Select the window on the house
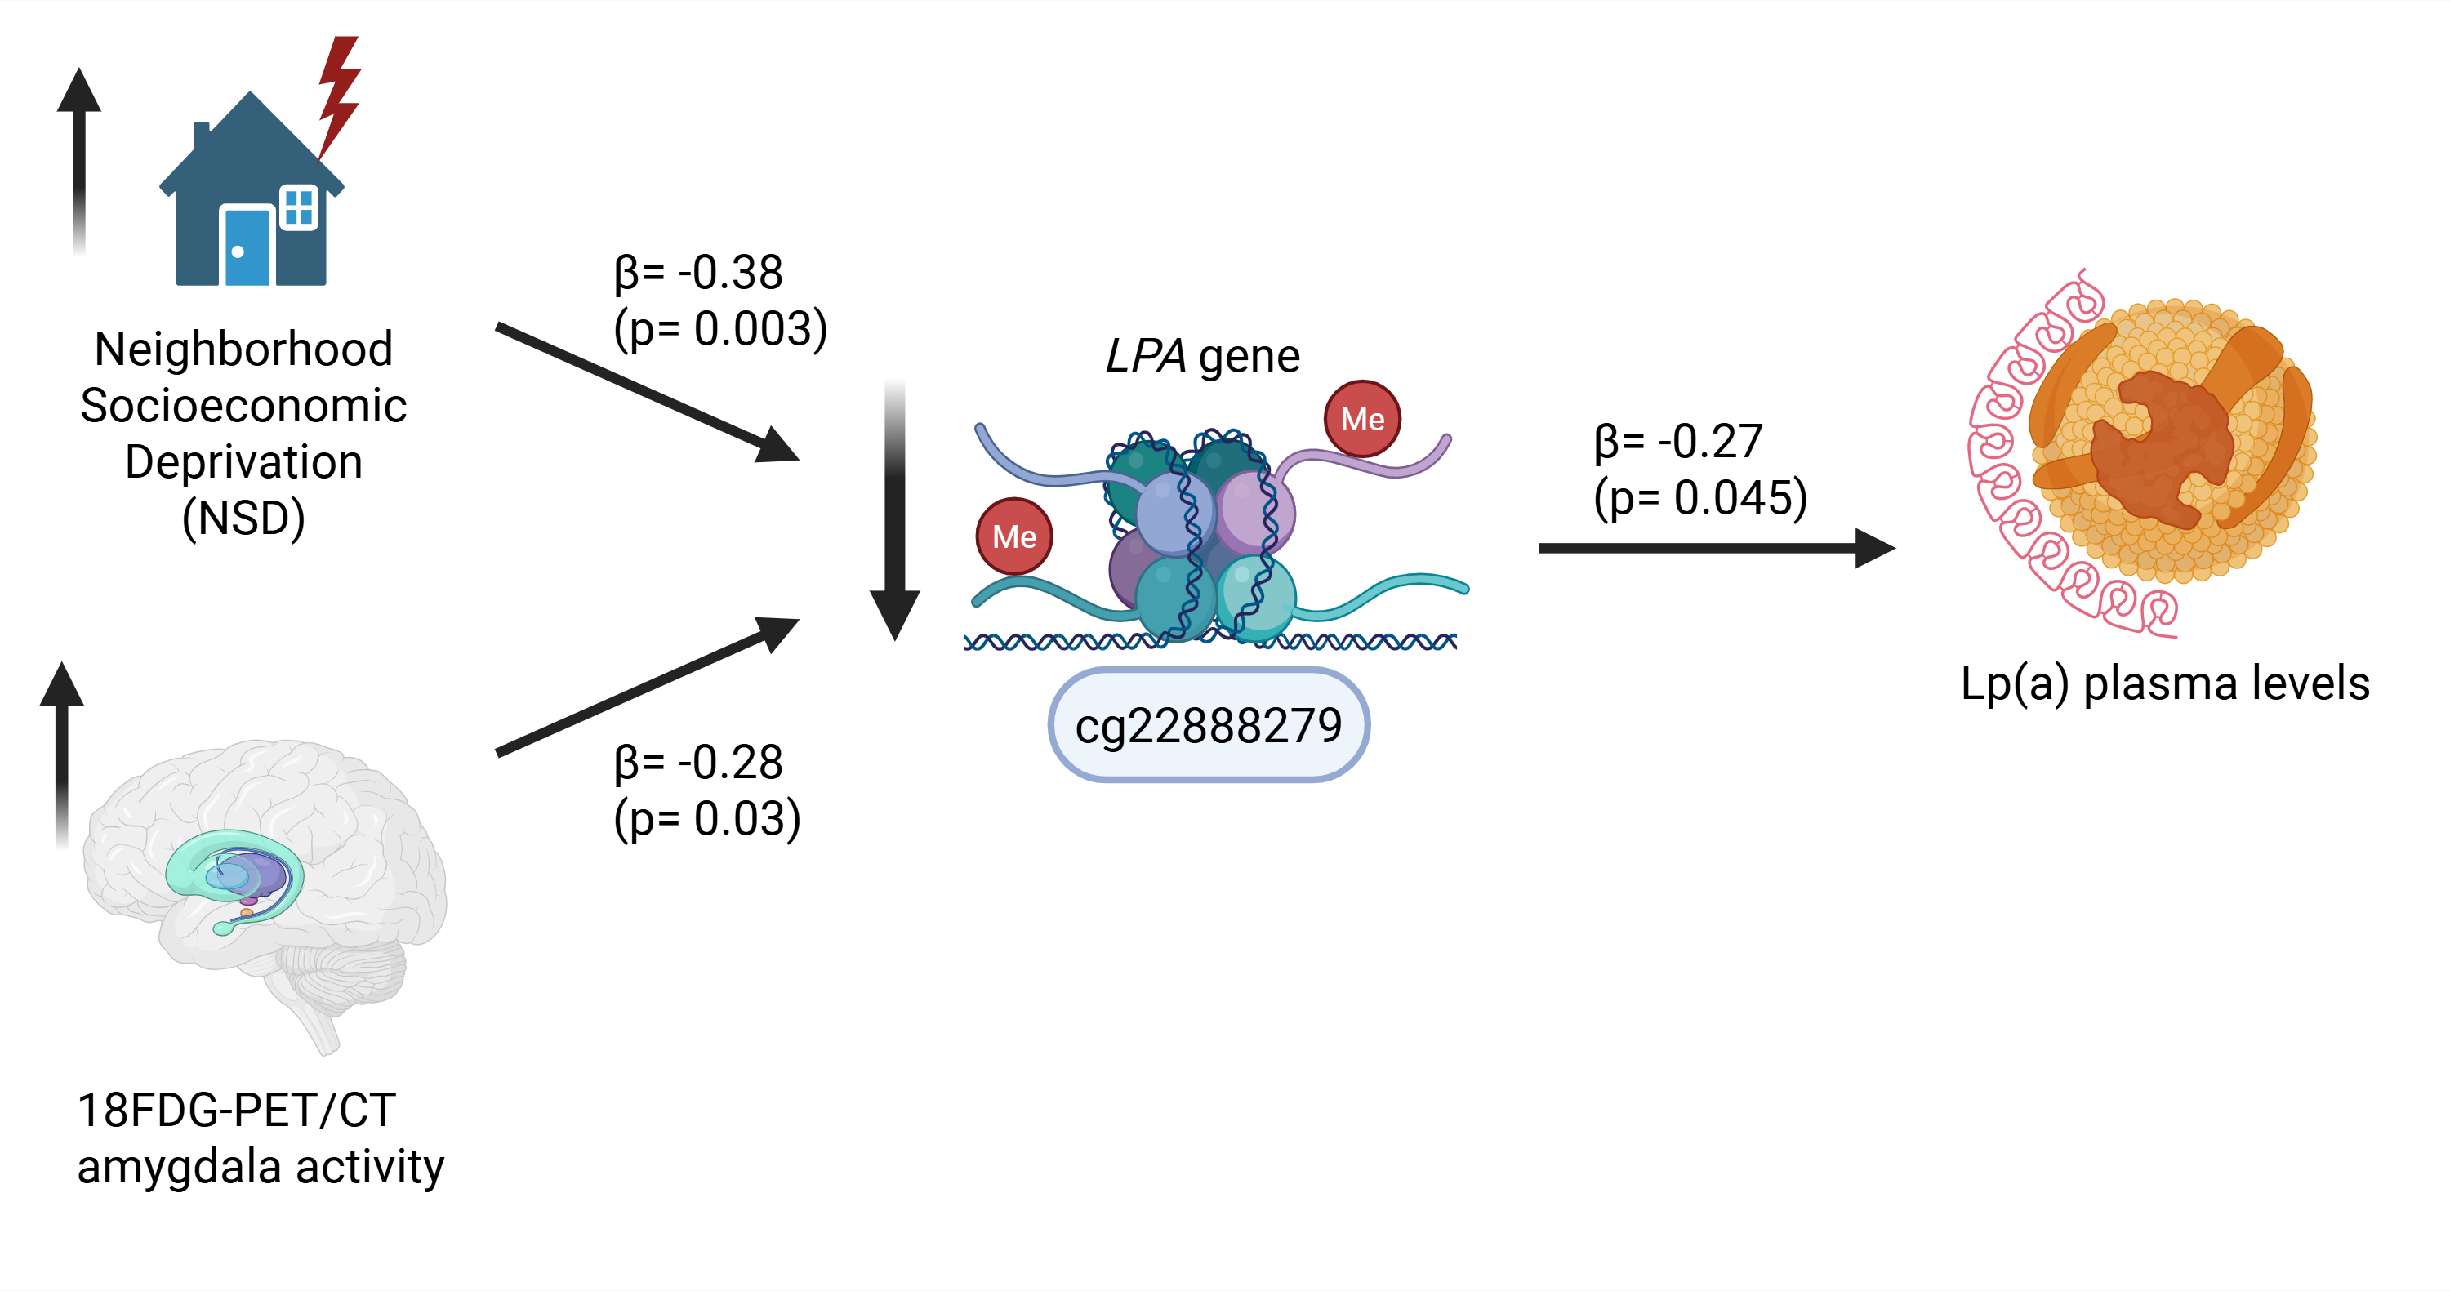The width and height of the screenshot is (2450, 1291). tap(299, 207)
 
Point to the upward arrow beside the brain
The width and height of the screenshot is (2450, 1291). tap(62, 751)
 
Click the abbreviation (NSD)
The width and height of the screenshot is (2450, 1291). tap(243, 518)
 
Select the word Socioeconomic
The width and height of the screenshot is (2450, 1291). tap(243, 406)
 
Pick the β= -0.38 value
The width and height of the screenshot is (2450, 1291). tap(698, 273)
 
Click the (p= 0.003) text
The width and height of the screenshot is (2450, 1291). tap(720, 329)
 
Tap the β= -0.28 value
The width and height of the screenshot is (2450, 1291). tap(698, 763)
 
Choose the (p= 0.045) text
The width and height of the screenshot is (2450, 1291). tap(1699, 497)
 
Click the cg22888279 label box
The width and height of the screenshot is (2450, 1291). tap(1208, 725)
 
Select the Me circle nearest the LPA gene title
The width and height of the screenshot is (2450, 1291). tap(1362, 419)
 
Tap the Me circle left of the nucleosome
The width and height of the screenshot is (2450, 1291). tap(1013, 536)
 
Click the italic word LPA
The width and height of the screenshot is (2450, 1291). tap(1145, 358)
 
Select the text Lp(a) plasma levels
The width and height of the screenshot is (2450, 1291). tap(2165, 683)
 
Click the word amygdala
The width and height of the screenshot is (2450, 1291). tap(180, 1166)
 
